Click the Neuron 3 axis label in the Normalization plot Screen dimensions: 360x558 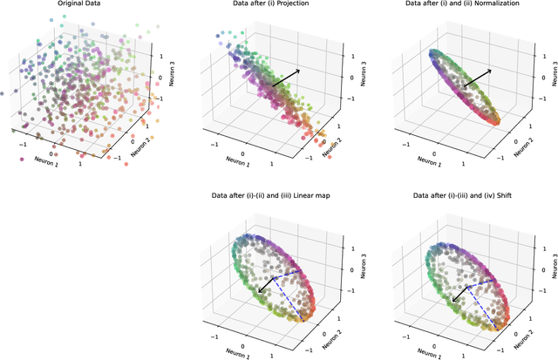click(555, 68)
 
